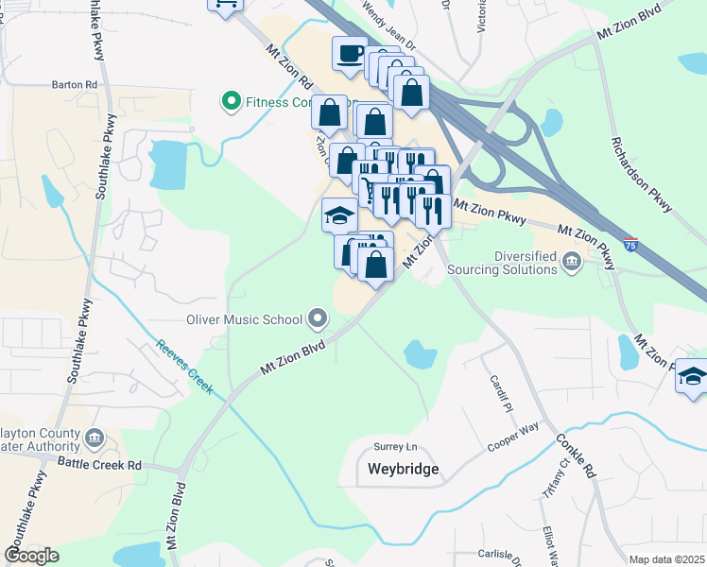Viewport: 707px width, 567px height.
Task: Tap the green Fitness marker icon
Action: [230, 101]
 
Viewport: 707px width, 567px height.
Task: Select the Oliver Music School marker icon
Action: [317, 318]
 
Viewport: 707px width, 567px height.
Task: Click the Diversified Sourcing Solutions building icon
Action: [571, 262]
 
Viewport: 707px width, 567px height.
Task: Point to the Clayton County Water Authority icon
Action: [94, 438]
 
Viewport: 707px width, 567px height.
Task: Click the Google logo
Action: [31, 556]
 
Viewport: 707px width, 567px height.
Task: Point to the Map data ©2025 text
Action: [666, 559]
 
